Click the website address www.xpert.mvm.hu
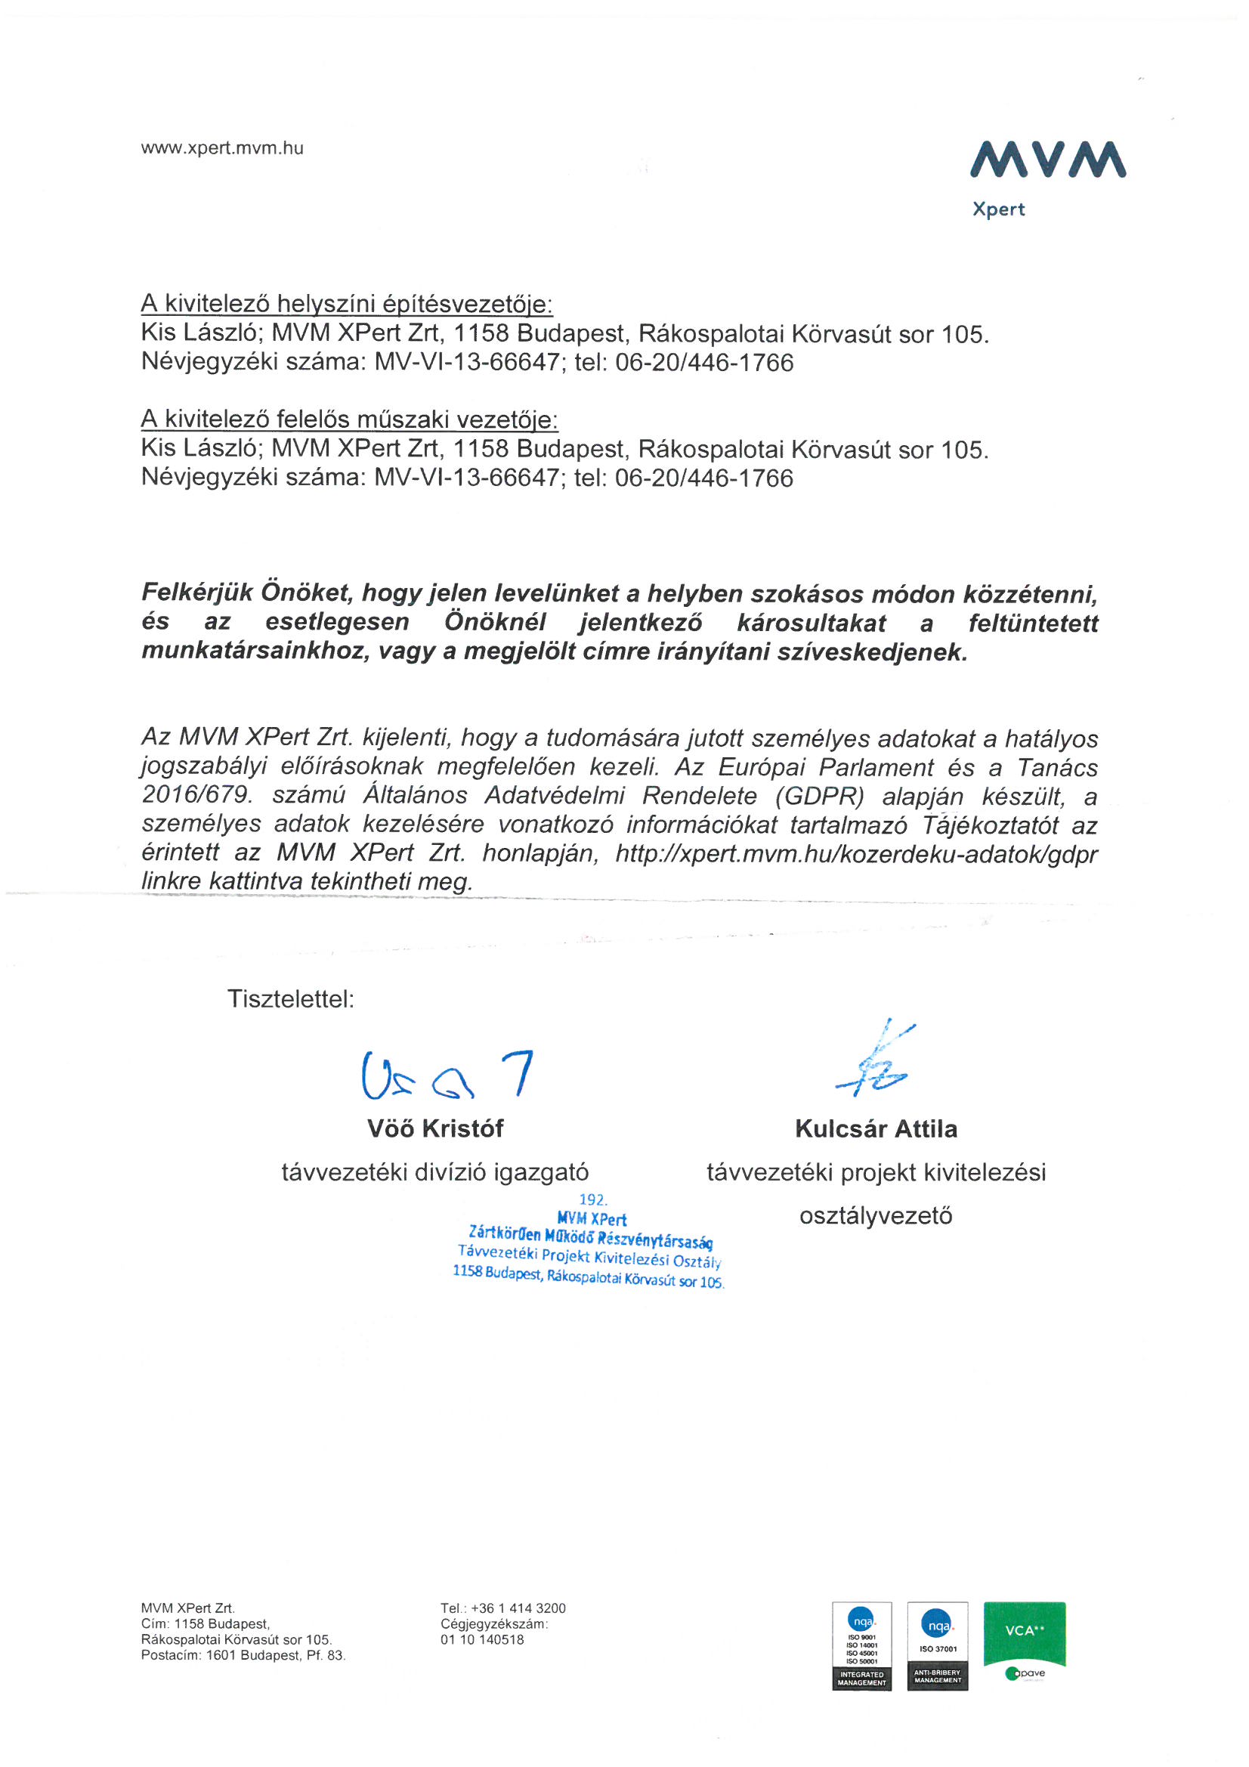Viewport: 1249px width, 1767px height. (221, 149)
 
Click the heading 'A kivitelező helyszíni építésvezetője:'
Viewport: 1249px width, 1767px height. (346, 304)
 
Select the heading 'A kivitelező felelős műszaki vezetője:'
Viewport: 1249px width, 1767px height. (349, 419)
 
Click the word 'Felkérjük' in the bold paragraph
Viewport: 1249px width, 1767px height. (196, 593)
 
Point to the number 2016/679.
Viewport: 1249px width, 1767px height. (197, 795)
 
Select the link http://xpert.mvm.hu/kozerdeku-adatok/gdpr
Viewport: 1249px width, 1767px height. (856, 853)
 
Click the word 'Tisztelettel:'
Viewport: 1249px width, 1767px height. (291, 999)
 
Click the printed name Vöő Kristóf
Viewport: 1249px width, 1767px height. (434, 1128)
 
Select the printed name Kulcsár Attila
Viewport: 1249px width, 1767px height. (876, 1129)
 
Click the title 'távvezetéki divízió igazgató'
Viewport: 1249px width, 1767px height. (434, 1172)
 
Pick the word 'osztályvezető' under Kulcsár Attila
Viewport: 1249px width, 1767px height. (876, 1216)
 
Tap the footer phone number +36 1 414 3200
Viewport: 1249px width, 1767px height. (518, 1608)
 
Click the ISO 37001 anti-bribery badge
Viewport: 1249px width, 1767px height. (938, 1645)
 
